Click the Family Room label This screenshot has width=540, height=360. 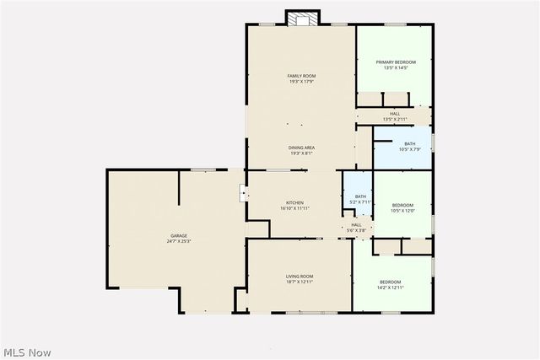point(301,76)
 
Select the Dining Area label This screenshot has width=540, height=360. point(301,147)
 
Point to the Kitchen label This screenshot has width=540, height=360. point(294,202)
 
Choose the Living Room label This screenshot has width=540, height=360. point(300,277)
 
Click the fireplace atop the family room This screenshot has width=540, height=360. point(303,18)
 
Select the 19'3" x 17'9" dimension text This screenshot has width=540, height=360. point(301,82)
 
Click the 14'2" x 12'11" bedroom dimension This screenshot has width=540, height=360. point(390,287)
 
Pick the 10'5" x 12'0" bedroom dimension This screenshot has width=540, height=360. point(402,211)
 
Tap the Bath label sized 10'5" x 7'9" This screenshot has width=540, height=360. point(409,143)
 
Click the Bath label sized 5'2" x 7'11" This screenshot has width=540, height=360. point(360,196)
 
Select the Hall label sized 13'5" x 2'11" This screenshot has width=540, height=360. point(395,113)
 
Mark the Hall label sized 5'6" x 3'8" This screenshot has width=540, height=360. point(356,224)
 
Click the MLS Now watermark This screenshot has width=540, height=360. point(27,351)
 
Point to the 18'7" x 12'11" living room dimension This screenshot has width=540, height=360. point(300,282)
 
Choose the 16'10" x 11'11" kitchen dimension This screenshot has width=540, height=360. point(294,208)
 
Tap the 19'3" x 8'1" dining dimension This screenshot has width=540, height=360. point(301,153)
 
